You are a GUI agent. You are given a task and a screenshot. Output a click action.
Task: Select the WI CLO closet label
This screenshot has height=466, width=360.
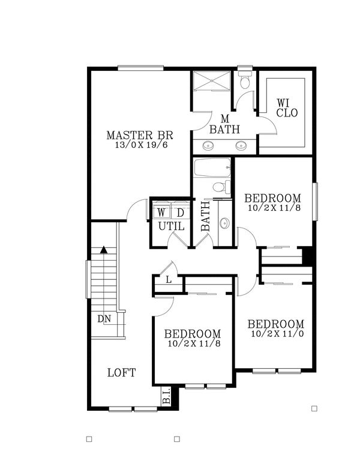pos(286,107)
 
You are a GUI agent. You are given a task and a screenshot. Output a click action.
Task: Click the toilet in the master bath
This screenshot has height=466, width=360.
pos(244,82)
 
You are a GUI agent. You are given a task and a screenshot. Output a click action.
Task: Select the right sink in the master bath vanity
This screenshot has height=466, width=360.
pos(242,145)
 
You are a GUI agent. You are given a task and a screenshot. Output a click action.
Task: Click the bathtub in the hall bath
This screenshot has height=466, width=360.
pos(212,168)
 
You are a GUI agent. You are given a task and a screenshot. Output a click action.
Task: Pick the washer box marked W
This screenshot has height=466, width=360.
pos(161,213)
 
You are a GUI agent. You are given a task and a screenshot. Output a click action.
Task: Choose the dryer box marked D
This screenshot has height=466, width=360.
pos(179,213)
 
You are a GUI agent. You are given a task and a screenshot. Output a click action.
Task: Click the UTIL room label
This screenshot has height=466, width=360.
pos(171,227)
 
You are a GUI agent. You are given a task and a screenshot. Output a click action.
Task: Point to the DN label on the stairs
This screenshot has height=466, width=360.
pos(104,319)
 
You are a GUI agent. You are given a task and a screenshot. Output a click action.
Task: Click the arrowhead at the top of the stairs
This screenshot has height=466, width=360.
pos(104,250)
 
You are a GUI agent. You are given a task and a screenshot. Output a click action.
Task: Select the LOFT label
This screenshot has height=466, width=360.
pos(121,372)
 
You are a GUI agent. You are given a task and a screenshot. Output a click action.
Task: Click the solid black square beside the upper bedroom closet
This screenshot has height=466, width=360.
pos(307,256)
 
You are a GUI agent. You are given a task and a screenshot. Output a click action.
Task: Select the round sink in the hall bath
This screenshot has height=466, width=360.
pos(224,223)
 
